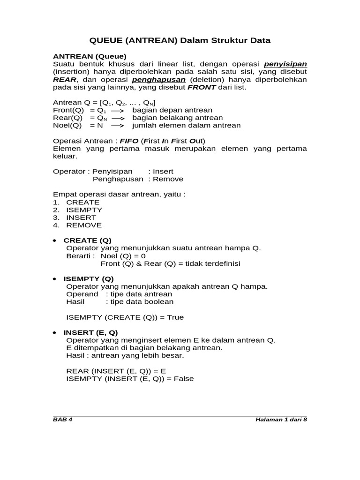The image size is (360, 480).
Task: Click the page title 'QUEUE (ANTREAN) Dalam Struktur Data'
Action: pyautogui.click(x=180, y=40)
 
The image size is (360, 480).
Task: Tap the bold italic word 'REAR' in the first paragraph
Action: pyautogui.click(x=64, y=79)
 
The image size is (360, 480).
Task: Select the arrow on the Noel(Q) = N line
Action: pyautogui.click(x=117, y=126)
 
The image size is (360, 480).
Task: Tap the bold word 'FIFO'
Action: pyautogui.click(x=129, y=141)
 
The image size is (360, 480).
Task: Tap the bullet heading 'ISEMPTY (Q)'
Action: pyautogui.click(x=88, y=278)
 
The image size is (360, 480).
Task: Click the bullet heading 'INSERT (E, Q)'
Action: pyautogui.click(x=90, y=332)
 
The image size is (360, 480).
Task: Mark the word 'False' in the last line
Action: pyautogui.click(x=183, y=379)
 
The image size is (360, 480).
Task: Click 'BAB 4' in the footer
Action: pyautogui.click(x=63, y=420)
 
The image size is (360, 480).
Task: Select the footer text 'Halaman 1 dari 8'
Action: pyautogui.click(x=281, y=420)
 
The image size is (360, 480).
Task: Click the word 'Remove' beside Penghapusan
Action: pyautogui.click(x=168, y=179)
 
